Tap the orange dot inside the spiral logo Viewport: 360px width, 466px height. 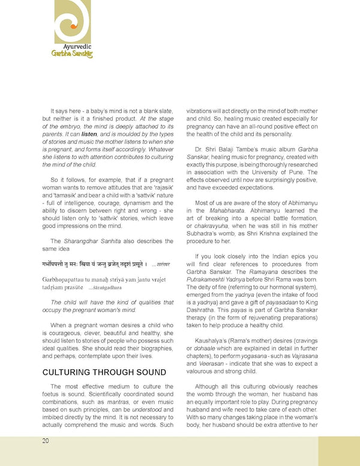click(73, 27)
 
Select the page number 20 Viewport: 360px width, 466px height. click(46, 441)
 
